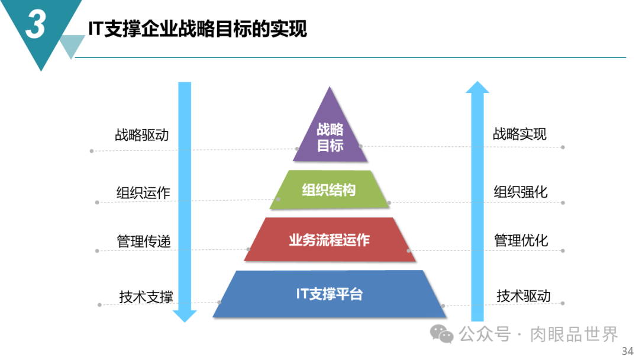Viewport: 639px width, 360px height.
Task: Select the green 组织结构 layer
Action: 330,189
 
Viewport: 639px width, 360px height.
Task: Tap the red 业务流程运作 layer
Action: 330,239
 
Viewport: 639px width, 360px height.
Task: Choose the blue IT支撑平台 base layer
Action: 330,294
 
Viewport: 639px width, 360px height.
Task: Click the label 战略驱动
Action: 142,134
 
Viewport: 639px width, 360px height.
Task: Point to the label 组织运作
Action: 143,192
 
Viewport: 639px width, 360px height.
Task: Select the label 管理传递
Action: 143,241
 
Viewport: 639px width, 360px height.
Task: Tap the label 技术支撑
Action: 146,297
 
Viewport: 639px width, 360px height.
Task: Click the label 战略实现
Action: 519,134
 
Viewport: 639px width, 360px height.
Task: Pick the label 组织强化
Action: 521,192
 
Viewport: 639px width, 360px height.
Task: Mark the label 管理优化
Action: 521,240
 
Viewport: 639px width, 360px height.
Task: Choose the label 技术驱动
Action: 524,295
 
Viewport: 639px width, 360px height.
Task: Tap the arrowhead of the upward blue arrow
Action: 477,87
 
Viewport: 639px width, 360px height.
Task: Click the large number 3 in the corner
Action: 35,24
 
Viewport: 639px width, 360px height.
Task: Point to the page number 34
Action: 628,351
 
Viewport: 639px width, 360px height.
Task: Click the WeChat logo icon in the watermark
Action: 442,334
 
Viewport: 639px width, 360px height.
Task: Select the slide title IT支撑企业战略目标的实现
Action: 198,29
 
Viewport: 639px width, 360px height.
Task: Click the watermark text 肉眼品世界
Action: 574,335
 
